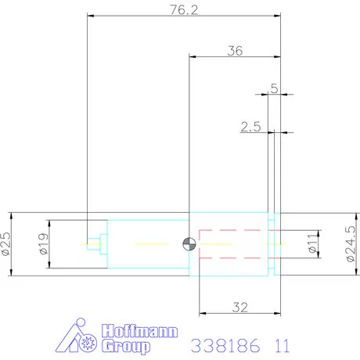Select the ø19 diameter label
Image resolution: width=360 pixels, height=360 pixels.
[42, 244]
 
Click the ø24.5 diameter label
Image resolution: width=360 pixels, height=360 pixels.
[349, 244]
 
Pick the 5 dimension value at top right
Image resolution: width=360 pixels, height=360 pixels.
[274, 89]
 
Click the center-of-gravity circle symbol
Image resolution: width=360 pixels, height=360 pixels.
[187, 244]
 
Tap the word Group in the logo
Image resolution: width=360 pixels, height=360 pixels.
[122, 346]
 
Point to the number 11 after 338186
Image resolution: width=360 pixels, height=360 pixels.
[284, 344]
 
